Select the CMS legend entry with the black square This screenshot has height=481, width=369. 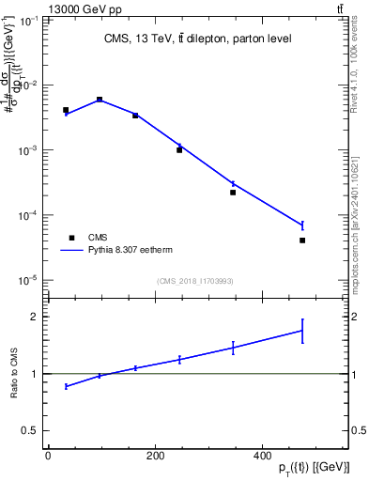[71, 238]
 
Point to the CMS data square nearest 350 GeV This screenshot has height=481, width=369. [233, 193]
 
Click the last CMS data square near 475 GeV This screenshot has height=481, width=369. [302, 240]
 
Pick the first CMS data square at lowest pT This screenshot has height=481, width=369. [66, 110]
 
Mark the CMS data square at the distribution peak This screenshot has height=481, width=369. [100, 99]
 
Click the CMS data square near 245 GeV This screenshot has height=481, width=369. [179, 149]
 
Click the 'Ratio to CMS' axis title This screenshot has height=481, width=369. [14, 374]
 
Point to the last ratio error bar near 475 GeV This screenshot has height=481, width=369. [302, 331]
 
